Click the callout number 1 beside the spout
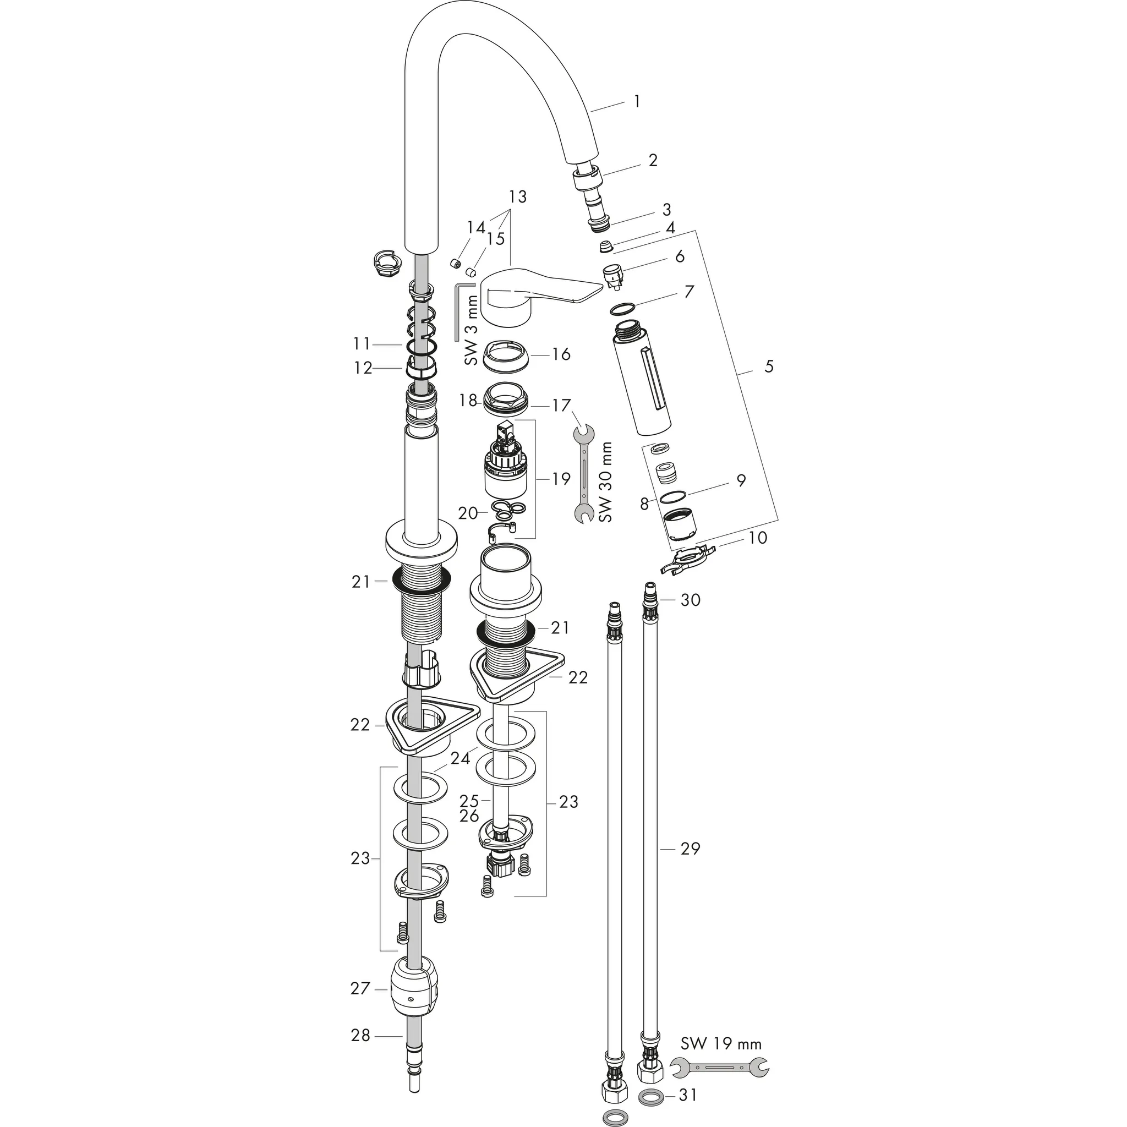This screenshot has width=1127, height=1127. pos(637,101)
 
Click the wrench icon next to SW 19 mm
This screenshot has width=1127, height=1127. pos(720,1068)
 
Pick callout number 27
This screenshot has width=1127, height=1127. pos(360,988)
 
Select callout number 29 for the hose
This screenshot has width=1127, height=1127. pos(690,849)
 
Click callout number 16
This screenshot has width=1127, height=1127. pos(561,354)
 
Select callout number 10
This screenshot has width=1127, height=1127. pos(757,537)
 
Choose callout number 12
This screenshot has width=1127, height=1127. pos(363,368)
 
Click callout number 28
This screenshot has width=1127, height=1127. pos(360,1036)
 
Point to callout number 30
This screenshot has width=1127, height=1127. pos(691,600)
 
